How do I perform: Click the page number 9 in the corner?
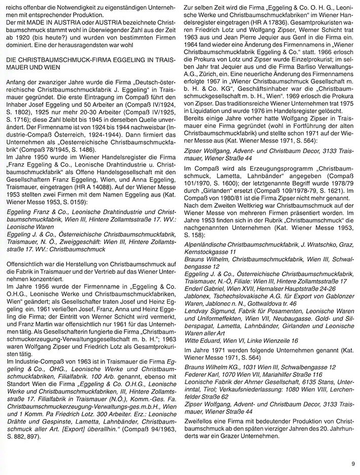351,463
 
